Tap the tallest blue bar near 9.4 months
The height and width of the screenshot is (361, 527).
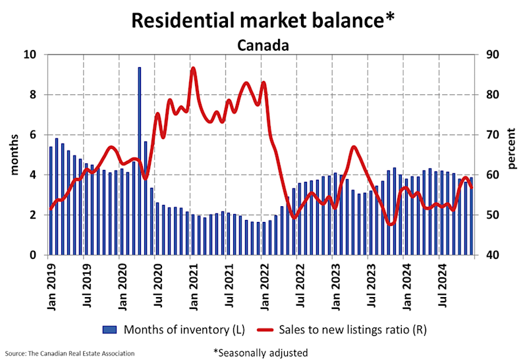140,158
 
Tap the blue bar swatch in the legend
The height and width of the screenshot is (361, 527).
110,327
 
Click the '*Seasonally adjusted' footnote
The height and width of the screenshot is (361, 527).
260,352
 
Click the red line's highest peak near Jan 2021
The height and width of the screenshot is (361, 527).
193,68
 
